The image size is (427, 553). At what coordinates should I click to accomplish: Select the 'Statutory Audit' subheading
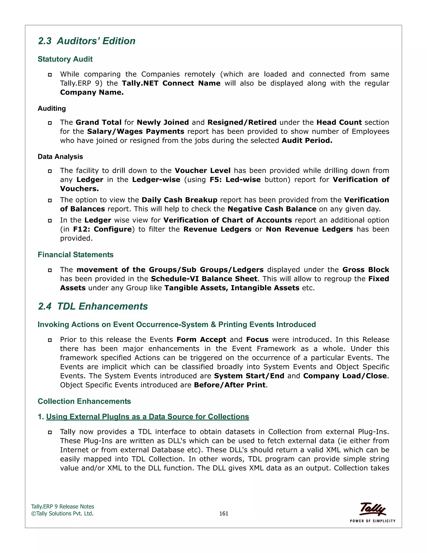65,59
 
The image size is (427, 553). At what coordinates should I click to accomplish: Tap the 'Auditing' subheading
52,108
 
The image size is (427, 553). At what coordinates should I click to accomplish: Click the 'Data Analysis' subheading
60,157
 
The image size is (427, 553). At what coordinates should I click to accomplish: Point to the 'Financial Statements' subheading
75,254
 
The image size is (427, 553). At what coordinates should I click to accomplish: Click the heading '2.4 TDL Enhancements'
93,306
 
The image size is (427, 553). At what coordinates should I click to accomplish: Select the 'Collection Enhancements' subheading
84,401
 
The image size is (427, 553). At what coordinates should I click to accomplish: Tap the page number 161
224,513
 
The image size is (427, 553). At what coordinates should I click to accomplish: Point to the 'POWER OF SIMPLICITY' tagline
372,521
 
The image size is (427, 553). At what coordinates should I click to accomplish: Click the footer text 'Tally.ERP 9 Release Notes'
63,506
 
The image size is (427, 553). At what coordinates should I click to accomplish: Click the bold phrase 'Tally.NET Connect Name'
171,83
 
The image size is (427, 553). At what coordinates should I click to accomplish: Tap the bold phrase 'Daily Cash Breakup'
179,200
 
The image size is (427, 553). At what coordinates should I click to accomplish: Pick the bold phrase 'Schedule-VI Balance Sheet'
204,279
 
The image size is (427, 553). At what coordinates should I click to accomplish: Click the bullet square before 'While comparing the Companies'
50,75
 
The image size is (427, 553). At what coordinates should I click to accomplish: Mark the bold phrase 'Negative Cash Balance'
272,209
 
